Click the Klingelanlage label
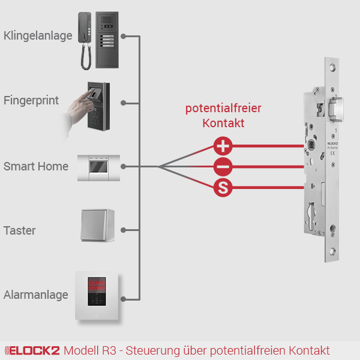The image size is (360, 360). [38, 36]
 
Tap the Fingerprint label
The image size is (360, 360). [31, 100]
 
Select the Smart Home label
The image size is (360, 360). [36, 166]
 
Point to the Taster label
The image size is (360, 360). [20, 230]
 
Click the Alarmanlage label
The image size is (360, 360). [36, 295]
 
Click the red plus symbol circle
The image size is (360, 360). [223, 146]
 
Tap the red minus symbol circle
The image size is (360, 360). [223, 167]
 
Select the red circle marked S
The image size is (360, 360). [223, 188]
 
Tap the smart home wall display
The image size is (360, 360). [98, 167]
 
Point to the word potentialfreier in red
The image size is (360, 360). [223, 109]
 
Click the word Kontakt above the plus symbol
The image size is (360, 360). [223, 123]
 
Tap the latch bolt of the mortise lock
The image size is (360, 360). [337, 109]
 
